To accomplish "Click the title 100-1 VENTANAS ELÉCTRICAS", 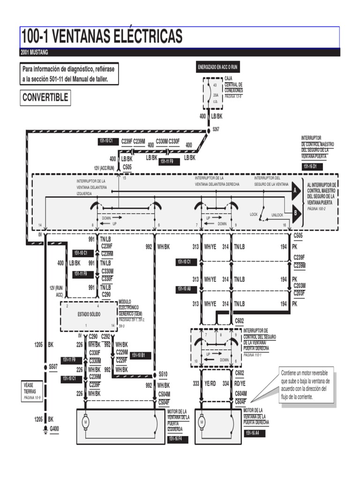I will pos(102,36).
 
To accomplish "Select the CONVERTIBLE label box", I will pos(45,97).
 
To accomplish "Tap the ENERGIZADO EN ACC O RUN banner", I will pos(218,67).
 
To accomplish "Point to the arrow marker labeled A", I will pos(295,191).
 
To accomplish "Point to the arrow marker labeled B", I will pos(295,212).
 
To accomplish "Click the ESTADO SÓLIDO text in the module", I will pos(89,314).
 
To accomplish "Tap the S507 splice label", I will pos(53,367).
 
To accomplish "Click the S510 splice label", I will pos(163,374).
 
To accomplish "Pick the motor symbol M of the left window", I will pos(86,422).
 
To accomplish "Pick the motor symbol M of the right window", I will pos(202,422).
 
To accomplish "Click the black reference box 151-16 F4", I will pos(178,439).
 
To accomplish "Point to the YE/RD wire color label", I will pos(210,383).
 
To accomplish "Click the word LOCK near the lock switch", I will pos(254,214).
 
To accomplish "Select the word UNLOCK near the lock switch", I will pos(277,215).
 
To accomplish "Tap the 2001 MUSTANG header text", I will pos(34,52).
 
